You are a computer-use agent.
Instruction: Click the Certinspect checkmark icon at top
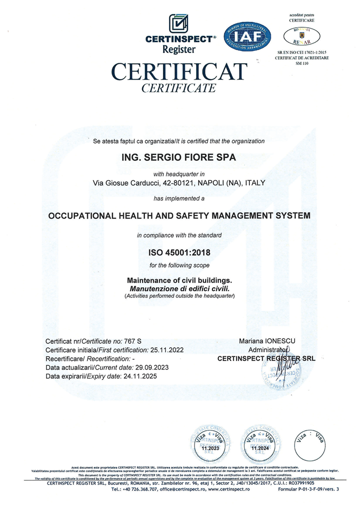(179, 24)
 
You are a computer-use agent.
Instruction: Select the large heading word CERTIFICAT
(179, 72)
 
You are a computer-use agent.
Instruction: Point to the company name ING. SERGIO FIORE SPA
(179, 157)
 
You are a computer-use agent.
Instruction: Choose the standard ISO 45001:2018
(179, 252)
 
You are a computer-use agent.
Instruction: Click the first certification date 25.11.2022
(167, 350)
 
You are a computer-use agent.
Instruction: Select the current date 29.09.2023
(152, 367)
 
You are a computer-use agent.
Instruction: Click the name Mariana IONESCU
(267, 341)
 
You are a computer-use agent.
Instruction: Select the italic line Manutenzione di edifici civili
(179, 289)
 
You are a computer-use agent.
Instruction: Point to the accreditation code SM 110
(302, 64)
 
